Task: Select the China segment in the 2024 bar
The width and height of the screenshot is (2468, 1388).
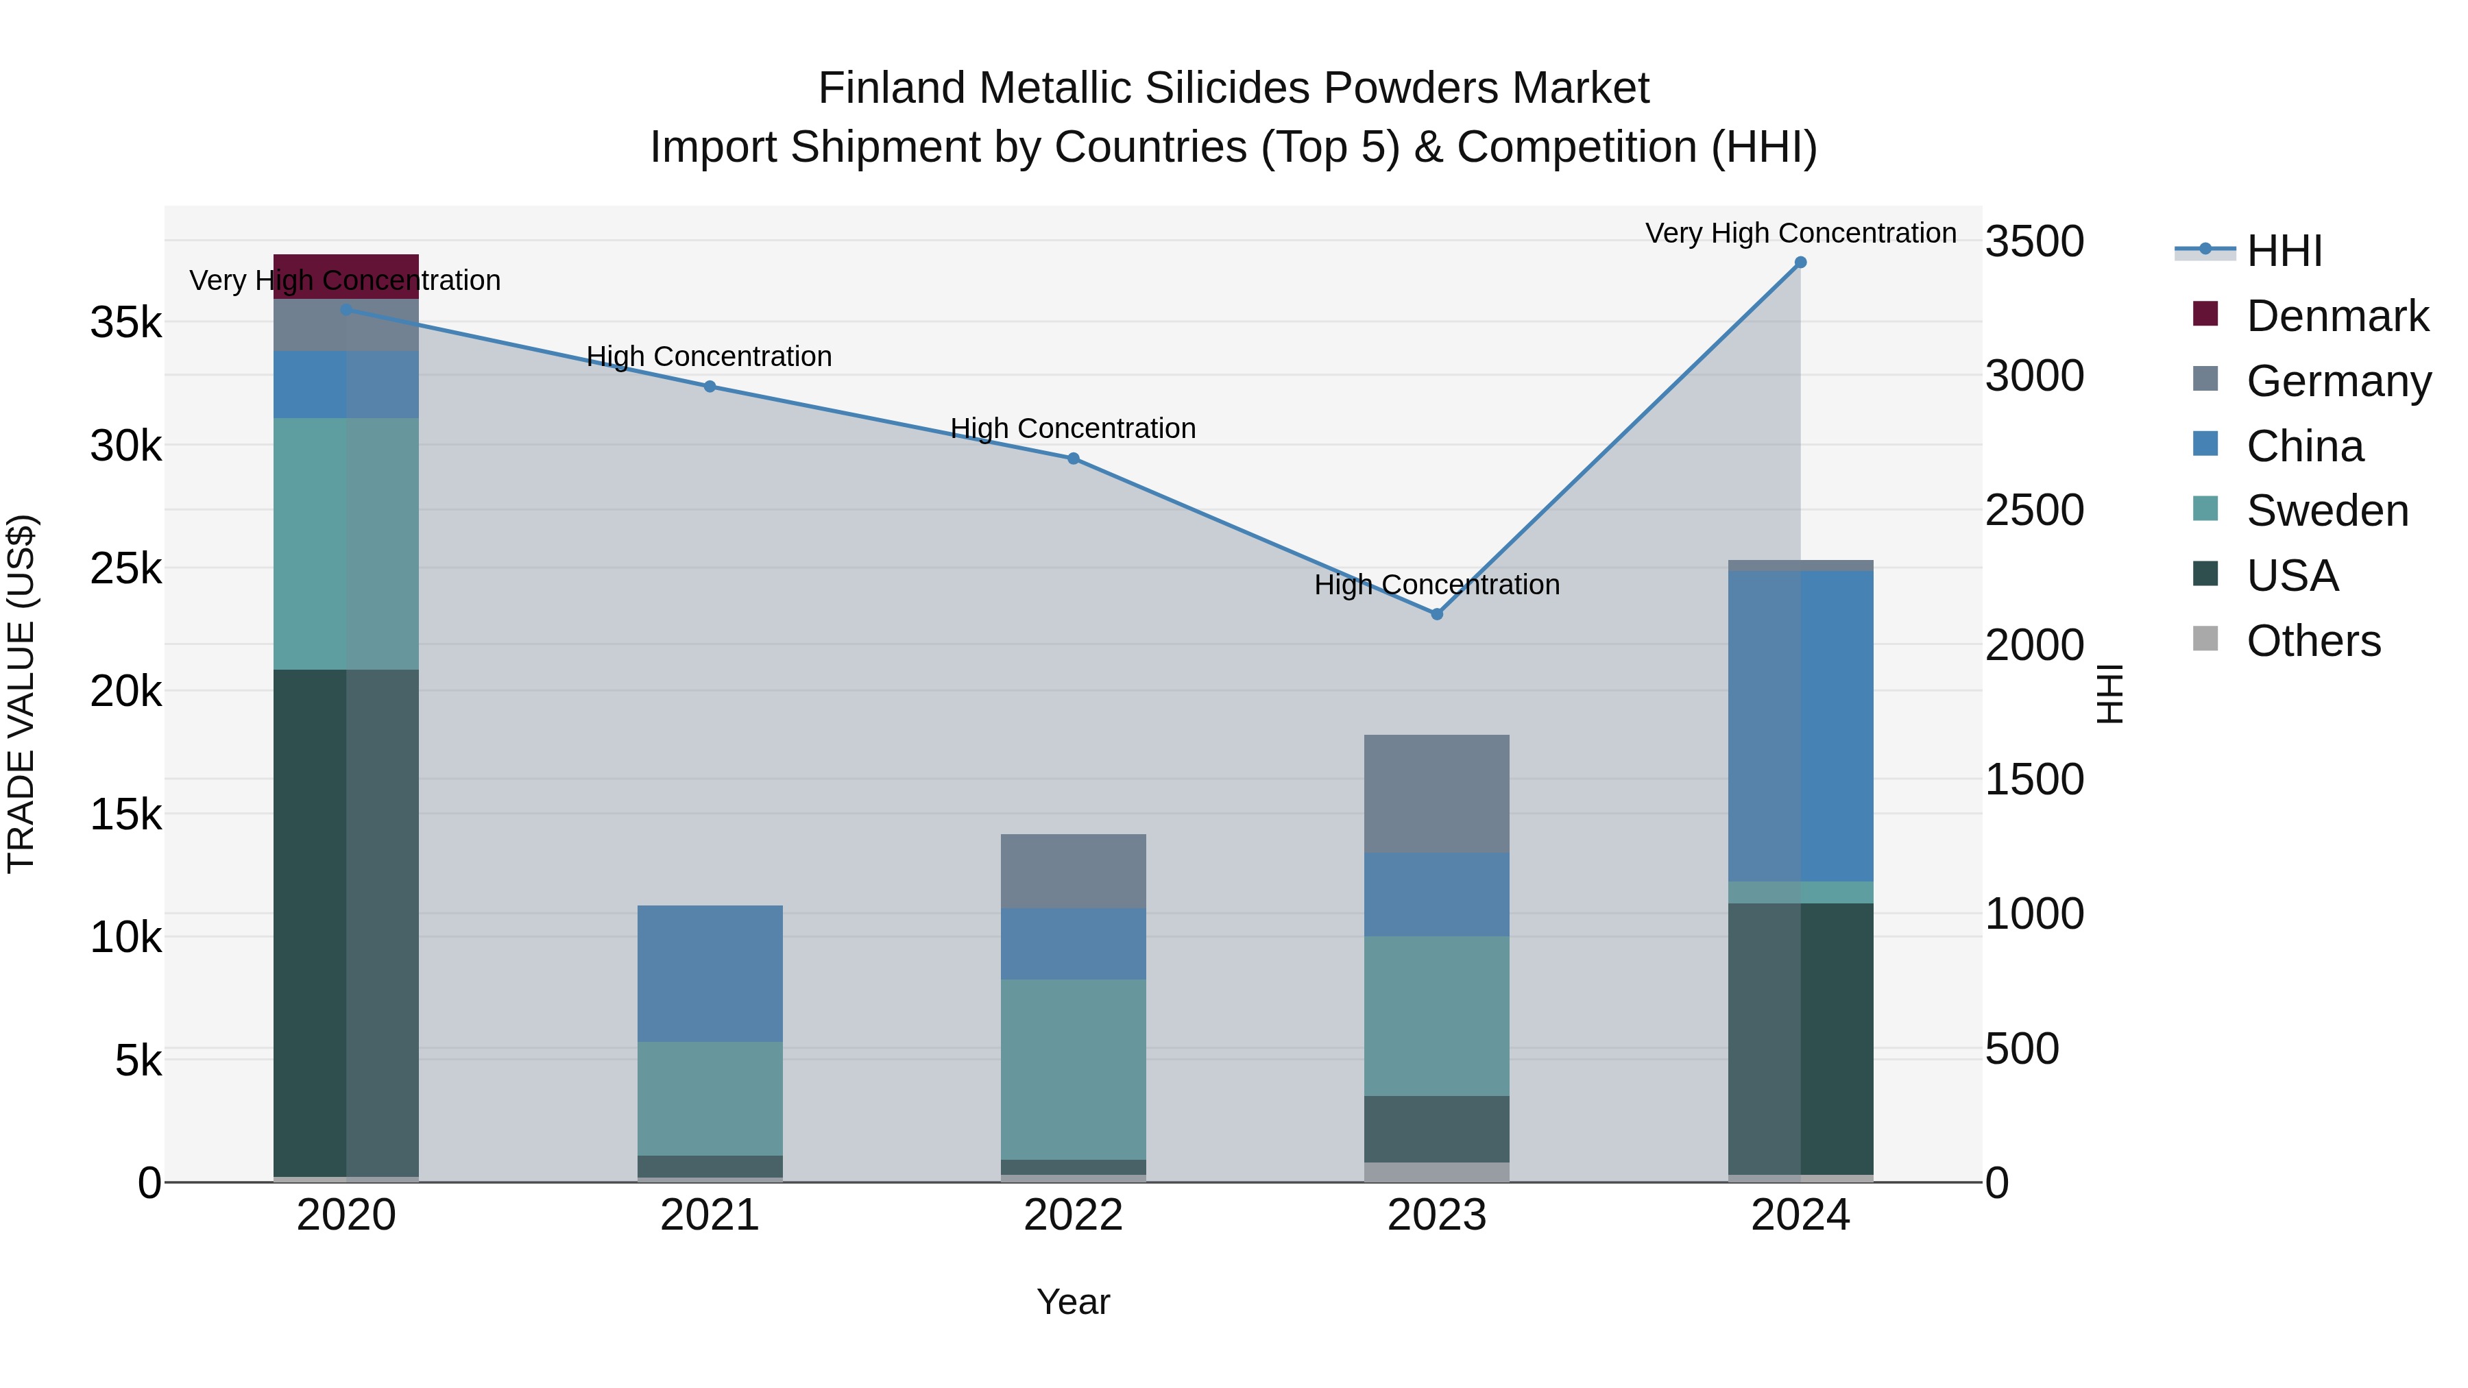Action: point(1800,725)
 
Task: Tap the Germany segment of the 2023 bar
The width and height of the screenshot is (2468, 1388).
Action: point(1436,793)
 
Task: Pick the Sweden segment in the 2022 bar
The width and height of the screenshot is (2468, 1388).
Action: point(1073,1069)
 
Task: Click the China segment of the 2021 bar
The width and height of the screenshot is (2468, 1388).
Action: point(710,973)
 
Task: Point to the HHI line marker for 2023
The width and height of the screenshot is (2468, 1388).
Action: point(1436,614)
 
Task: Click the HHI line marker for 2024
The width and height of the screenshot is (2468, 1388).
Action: point(1800,263)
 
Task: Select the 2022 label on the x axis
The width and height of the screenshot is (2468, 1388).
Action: point(1073,1215)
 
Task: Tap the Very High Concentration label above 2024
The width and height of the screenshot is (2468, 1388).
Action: point(1800,233)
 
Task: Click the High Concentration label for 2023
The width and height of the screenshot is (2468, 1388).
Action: point(1436,584)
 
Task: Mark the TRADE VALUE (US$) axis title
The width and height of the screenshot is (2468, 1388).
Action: point(21,694)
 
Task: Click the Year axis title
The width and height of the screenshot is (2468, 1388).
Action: point(1073,1302)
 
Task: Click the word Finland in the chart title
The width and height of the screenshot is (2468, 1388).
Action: point(891,88)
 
